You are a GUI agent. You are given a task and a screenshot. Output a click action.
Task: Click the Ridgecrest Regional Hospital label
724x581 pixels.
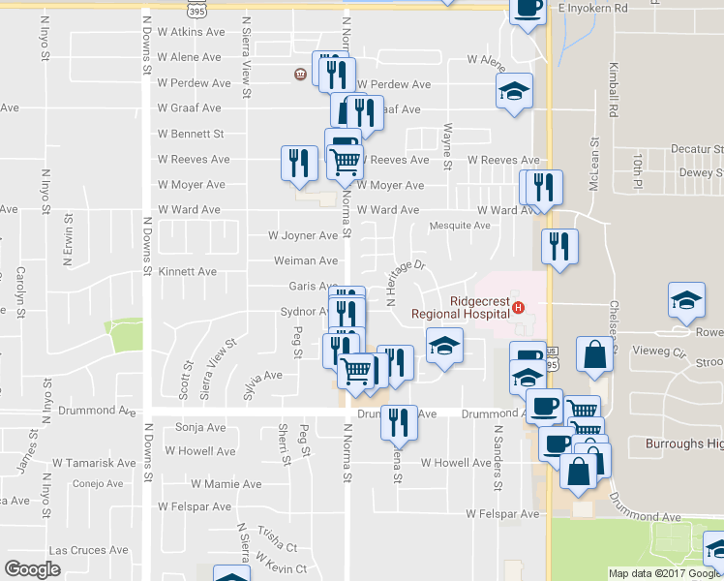(x=460, y=307)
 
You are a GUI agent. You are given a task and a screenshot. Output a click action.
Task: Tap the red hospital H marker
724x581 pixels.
(x=519, y=308)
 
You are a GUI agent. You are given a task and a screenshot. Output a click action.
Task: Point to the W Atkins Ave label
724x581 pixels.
(x=192, y=32)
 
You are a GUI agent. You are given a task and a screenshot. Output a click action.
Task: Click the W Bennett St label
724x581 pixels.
(x=192, y=134)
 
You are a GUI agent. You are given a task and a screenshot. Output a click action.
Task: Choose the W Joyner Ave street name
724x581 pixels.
(x=303, y=235)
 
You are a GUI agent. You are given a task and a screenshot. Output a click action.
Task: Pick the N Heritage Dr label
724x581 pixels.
(x=405, y=282)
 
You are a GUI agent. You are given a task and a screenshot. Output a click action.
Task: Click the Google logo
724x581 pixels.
(x=33, y=569)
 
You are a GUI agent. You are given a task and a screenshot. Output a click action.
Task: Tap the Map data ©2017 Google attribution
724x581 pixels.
(x=665, y=573)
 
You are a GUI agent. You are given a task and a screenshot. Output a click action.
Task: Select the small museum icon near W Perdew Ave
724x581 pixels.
(x=300, y=75)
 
